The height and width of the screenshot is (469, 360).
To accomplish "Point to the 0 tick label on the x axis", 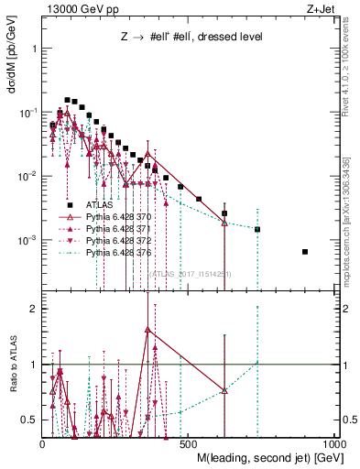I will pyautogui.click(x=44, y=443).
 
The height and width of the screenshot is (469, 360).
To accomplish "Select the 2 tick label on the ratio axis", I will pyautogui.click(x=34, y=310).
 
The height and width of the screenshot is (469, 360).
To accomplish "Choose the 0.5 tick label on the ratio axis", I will pyautogui.click(x=30, y=420).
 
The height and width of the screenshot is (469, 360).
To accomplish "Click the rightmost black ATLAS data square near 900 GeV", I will pyautogui.click(x=305, y=252).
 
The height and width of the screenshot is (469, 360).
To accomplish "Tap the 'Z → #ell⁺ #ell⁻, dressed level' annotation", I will pyautogui.click(x=192, y=38).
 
